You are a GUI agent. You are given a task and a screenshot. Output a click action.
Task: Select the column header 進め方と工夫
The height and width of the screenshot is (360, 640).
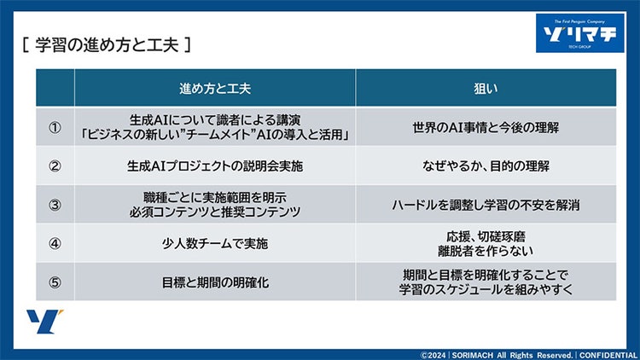click(x=215, y=88)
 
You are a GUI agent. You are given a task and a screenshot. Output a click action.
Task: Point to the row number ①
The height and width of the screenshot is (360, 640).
click(x=55, y=127)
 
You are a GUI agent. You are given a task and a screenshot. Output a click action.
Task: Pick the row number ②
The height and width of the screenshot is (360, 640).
click(x=55, y=165)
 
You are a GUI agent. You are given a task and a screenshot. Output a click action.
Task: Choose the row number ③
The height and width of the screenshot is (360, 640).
click(x=55, y=204)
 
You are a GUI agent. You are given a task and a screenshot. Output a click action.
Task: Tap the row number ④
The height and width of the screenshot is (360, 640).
click(x=55, y=243)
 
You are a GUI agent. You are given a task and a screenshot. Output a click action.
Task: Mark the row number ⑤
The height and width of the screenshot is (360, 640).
click(x=55, y=282)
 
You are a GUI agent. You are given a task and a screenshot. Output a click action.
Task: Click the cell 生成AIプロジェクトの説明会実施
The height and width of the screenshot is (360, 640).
click(x=215, y=165)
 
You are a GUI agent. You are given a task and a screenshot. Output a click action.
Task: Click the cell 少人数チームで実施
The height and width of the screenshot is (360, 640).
click(x=215, y=243)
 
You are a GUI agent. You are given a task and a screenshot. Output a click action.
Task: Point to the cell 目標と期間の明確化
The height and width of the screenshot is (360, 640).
click(x=215, y=282)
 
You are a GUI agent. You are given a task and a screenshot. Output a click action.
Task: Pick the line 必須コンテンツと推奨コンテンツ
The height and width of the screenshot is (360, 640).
click(x=215, y=212)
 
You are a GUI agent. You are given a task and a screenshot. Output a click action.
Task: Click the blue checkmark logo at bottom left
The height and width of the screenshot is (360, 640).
click(x=41, y=322)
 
